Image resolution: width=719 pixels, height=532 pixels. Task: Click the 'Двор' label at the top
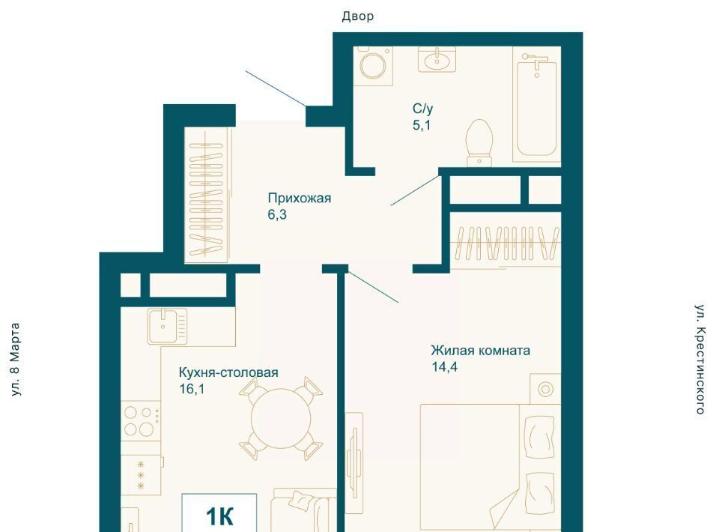pyautogui.click(x=358, y=16)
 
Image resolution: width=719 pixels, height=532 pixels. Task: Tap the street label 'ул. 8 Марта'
pyautogui.click(x=15, y=360)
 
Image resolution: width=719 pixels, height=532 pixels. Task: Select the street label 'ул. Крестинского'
pyautogui.click(x=700, y=359)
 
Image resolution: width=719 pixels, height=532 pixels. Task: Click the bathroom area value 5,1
pyautogui.click(x=422, y=124)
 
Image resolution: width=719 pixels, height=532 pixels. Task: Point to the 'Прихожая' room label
pyautogui.click(x=300, y=198)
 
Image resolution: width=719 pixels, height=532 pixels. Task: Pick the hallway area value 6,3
pyautogui.click(x=277, y=214)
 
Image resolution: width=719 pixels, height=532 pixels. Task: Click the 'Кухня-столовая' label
pyautogui.click(x=228, y=372)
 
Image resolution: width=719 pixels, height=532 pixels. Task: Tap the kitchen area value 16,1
pyautogui.click(x=192, y=389)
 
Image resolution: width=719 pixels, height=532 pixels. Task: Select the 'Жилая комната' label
pyautogui.click(x=480, y=351)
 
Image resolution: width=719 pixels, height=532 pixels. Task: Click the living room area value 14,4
pyautogui.click(x=444, y=367)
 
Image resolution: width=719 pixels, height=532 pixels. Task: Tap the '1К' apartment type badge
pyautogui.click(x=219, y=516)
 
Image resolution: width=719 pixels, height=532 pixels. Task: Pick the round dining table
pyautogui.click(x=281, y=418)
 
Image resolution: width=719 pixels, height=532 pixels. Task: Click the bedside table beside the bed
pyautogui.click(x=545, y=389)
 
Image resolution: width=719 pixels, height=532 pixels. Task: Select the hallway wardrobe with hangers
pyautogui.click(x=207, y=196)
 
